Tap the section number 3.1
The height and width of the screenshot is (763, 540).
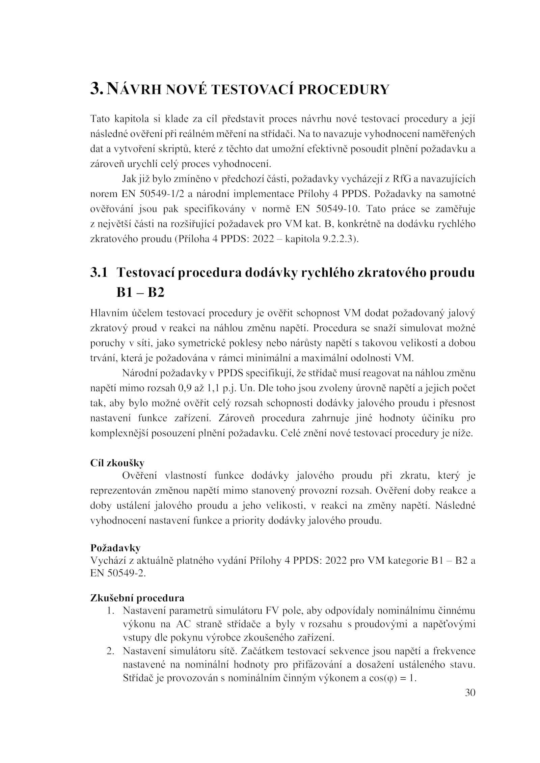[99, 273]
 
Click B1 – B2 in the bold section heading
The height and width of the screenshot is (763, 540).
[140, 292]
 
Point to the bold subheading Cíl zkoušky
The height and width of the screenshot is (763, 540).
[117, 463]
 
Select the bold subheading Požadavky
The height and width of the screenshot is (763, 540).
[115, 548]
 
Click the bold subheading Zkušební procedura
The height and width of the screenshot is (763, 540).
[137, 598]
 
